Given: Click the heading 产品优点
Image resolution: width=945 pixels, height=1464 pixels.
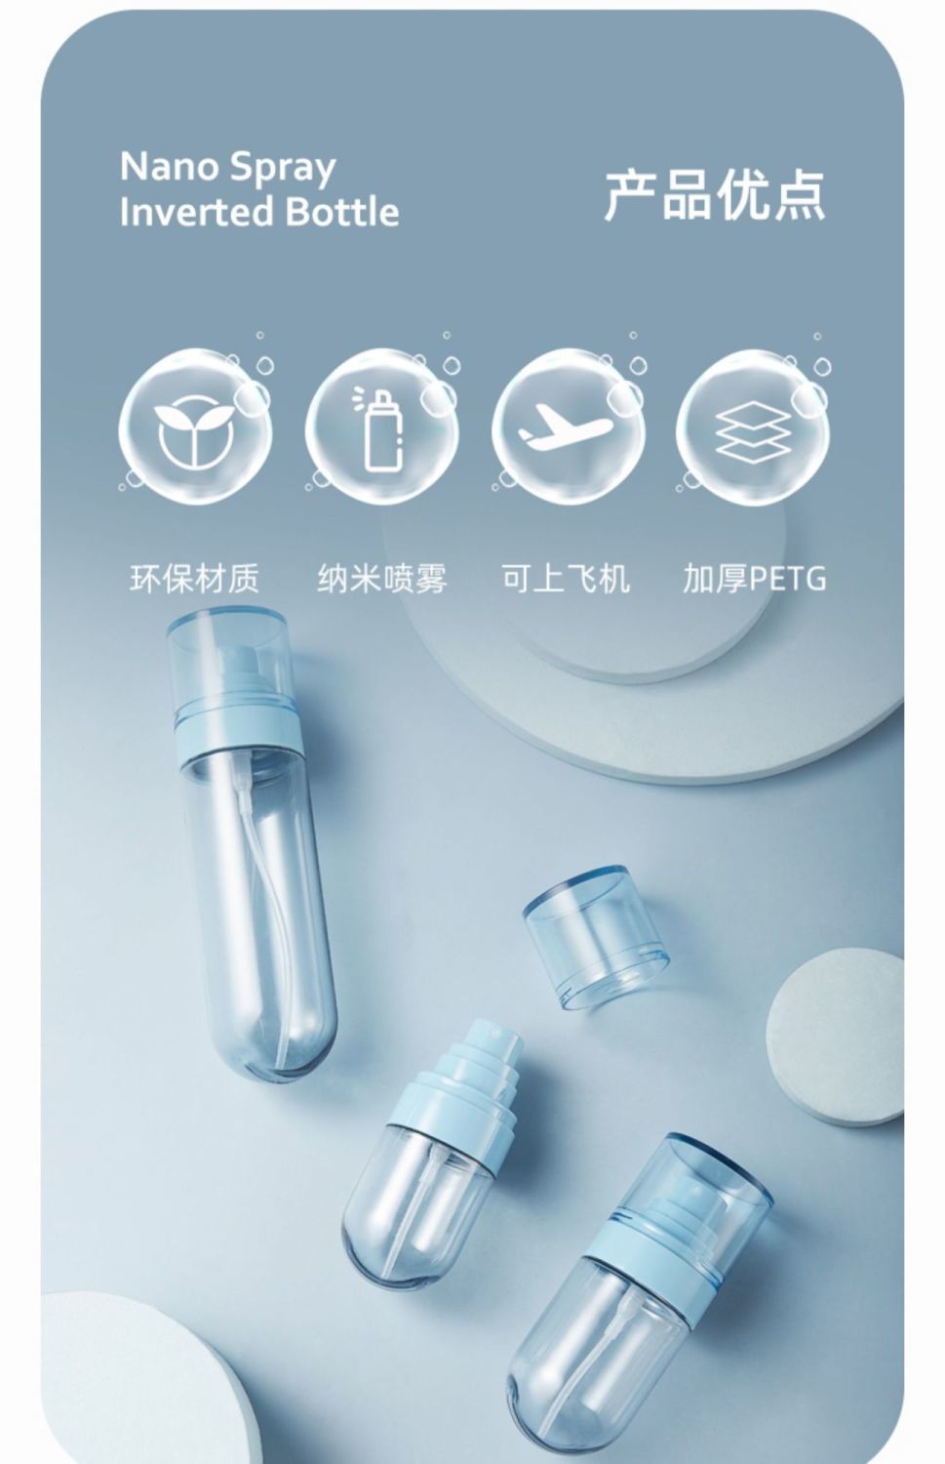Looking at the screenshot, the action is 714,195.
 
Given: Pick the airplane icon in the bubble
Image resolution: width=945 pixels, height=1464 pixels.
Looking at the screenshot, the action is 565,428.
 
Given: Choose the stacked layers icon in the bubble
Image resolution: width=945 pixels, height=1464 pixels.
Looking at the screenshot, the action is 752,433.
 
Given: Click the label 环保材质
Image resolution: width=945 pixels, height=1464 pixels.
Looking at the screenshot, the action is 195,579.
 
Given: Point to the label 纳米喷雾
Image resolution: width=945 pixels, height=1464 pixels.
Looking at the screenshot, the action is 382,579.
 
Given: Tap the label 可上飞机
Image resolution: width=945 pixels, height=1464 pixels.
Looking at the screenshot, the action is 566,579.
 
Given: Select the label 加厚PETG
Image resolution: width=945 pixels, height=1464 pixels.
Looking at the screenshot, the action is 754,579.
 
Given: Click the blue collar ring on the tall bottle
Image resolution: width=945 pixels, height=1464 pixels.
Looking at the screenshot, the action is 238,735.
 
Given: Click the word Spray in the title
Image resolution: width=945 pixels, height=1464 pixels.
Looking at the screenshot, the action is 282,169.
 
